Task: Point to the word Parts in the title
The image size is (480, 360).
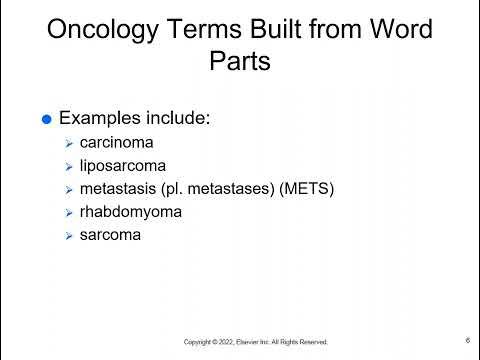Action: click(240, 62)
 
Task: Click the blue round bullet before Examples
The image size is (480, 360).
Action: click(45, 120)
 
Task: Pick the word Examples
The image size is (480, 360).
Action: click(99, 119)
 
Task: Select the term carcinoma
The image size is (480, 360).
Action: click(119, 143)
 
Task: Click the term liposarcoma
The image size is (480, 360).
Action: click(123, 166)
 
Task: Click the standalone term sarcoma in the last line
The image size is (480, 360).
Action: click(111, 235)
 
